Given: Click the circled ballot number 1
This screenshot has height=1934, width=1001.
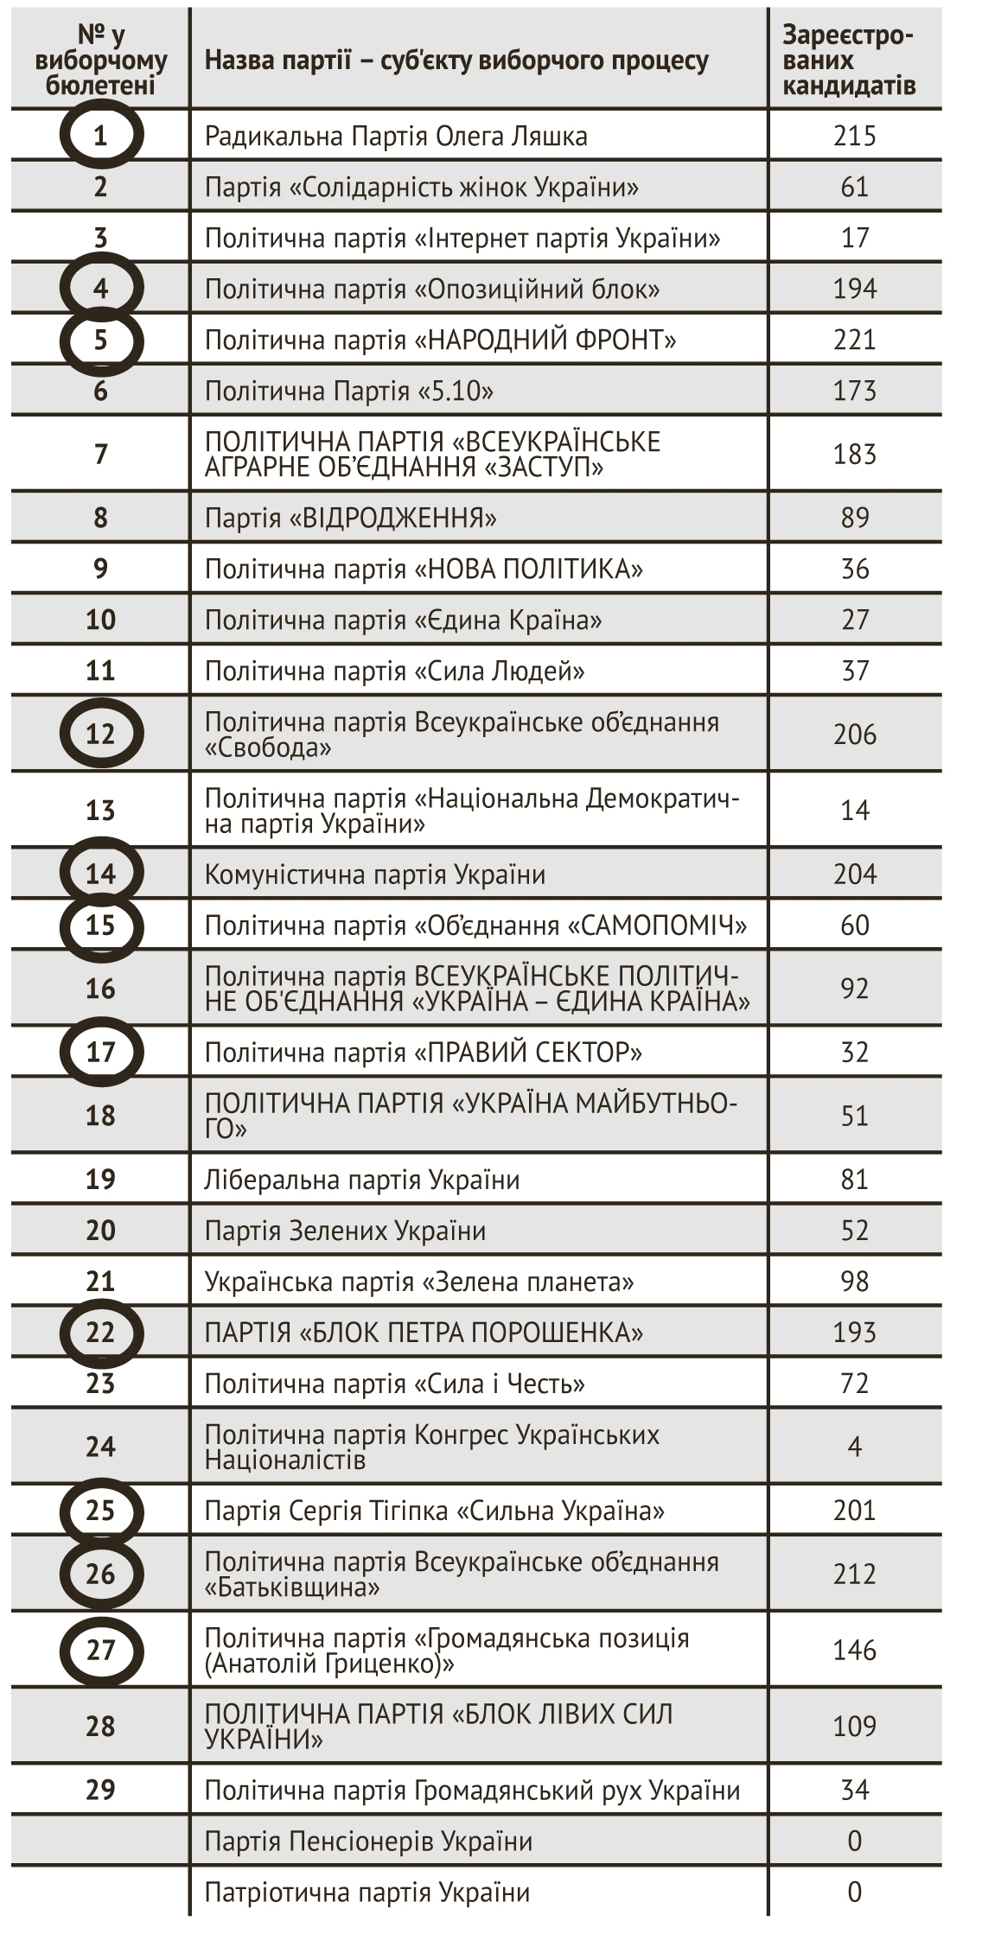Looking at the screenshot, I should pos(100,135).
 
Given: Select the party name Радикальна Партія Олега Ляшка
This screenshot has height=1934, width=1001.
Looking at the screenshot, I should pos(396,136).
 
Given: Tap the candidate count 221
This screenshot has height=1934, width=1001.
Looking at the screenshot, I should pos(854,340).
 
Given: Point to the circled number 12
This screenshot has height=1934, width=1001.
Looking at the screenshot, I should pos(100,734).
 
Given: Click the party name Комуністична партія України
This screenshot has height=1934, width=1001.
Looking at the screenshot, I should pos(375,875).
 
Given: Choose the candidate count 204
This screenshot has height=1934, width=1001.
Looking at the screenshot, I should pos(854,875).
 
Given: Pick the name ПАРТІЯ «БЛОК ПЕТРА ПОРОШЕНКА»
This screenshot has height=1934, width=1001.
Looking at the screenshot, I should pos(424,1332).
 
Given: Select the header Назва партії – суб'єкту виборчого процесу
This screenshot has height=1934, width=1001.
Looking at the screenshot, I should pos(456,60).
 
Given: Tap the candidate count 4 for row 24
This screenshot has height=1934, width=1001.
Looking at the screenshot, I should pos(854,1447).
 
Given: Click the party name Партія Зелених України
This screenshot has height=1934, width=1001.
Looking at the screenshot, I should pos(345,1231).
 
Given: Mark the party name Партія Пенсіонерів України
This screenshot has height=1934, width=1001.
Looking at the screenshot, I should pos(368,1841).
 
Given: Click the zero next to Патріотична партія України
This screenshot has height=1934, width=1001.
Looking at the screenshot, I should pos(854,1892).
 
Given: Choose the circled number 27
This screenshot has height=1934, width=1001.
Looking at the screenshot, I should pos(100,1650).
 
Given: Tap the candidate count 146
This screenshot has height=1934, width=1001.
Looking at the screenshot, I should pos(854,1651).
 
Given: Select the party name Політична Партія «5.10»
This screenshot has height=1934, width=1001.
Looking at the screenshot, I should pos(349,391).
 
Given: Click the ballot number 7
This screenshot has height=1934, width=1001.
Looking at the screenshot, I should pos(100,454).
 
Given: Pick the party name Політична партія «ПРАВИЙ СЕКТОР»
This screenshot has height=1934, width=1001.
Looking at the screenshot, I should pos(424,1053).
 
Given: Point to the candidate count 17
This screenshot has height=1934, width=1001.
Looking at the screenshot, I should pos(854,238).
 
